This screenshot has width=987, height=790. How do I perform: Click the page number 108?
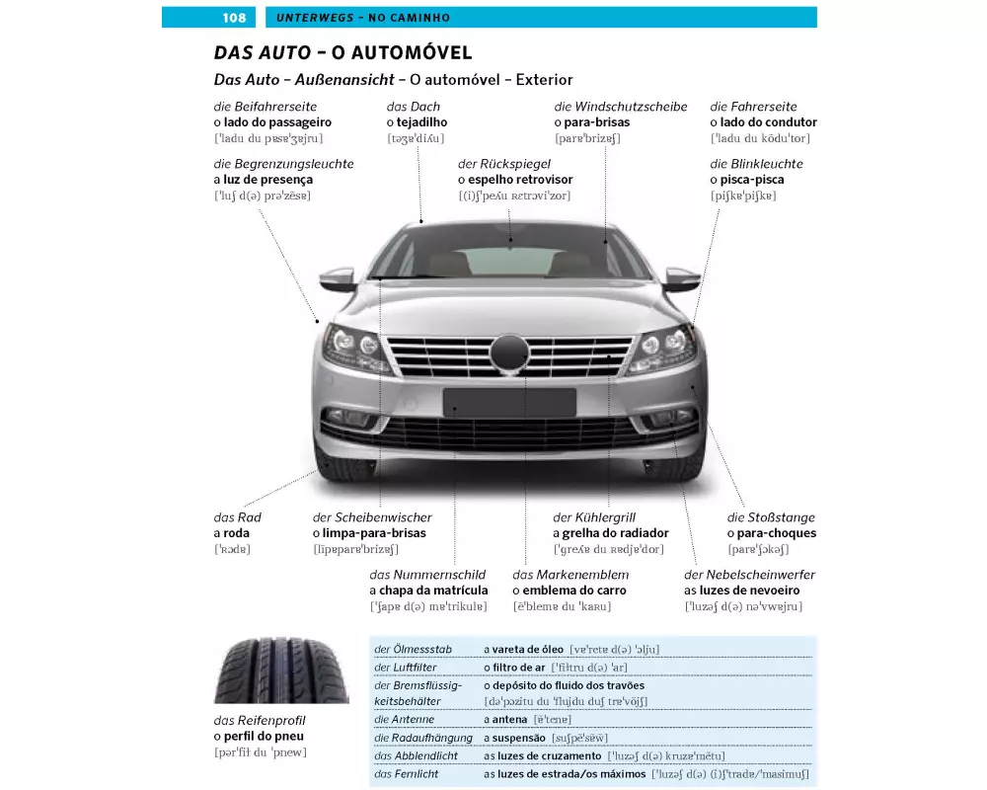[x=234, y=18]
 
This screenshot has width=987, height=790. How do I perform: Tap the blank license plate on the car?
[x=509, y=402]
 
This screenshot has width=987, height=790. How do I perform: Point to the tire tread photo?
[x=266, y=670]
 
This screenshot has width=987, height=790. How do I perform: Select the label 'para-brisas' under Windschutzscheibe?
[x=591, y=122]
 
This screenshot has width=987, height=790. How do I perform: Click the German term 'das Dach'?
[x=414, y=107]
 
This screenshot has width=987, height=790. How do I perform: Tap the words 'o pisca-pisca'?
[x=747, y=180]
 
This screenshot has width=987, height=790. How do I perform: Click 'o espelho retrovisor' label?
[x=515, y=180]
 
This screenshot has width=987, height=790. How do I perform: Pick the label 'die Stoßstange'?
[x=771, y=517]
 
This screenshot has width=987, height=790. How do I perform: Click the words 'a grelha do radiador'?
[x=610, y=533]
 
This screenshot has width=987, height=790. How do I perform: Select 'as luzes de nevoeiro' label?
[x=741, y=591]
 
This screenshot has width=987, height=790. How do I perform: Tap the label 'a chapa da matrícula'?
[x=428, y=591]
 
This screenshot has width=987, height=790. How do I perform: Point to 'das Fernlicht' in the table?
[x=407, y=774]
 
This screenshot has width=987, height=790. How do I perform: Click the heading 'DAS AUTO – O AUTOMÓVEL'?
[x=342, y=52]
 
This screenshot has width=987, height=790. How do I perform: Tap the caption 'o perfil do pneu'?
[x=259, y=736]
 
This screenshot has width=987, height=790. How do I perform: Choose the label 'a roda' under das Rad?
[x=232, y=533]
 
